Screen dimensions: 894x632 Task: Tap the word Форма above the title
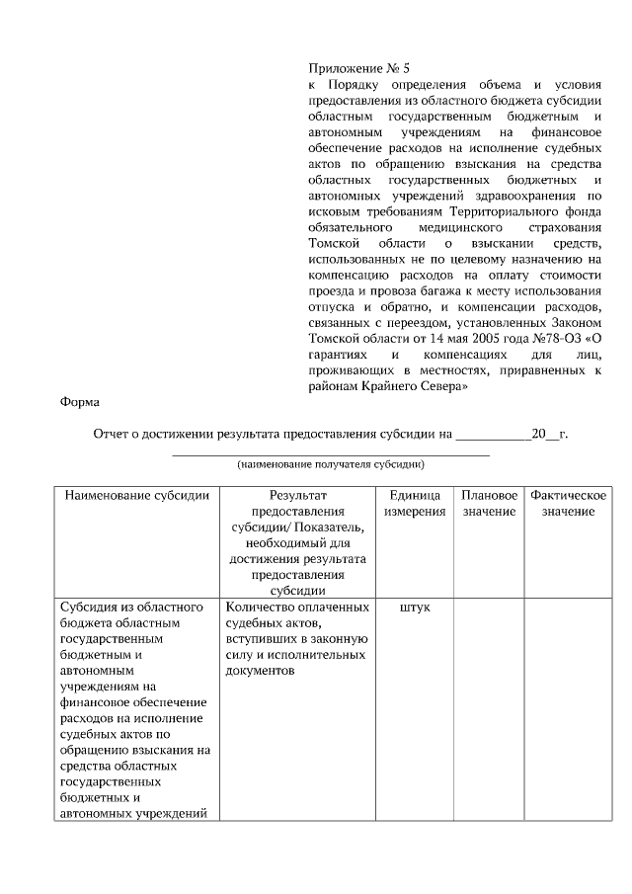pyautogui.click(x=78, y=402)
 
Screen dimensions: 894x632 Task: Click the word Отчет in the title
pyautogui.click(x=112, y=434)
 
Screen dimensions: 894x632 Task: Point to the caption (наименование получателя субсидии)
pyautogui.click(x=331, y=463)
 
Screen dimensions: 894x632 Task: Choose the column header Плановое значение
pyautogui.click(x=489, y=503)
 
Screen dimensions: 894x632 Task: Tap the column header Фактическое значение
pyautogui.click(x=567, y=503)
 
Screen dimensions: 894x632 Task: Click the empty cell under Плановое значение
pyautogui.click(x=489, y=706)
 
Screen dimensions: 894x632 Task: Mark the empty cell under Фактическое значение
pyautogui.click(x=567, y=706)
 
